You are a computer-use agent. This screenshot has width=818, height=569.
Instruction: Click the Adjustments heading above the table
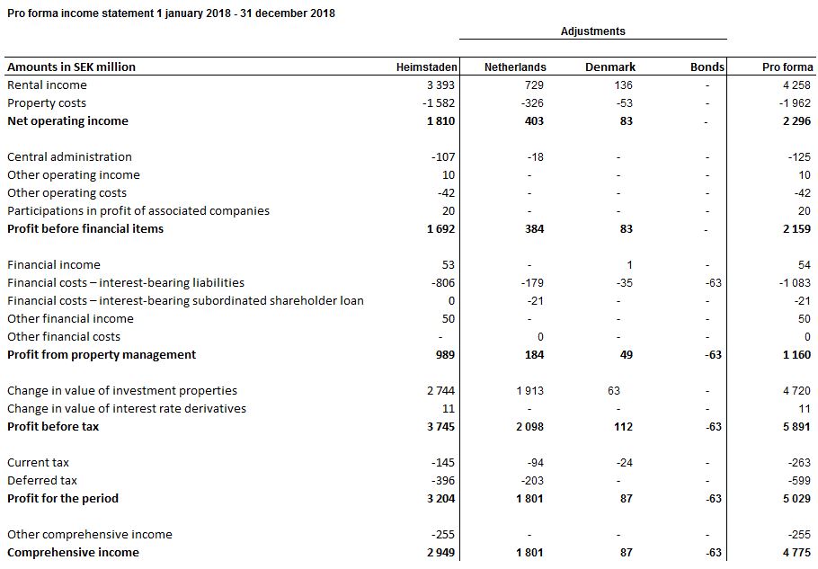[x=592, y=31]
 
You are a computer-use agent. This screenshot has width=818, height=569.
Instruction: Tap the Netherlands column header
[x=515, y=67]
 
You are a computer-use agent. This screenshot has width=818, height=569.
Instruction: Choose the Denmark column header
[x=610, y=67]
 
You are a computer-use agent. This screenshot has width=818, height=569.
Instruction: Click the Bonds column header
[x=707, y=67]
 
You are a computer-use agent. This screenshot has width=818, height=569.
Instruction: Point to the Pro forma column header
[x=787, y=67]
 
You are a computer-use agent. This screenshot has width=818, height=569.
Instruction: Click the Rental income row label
[x=47, y=85]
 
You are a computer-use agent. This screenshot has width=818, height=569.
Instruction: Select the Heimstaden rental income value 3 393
[x=440, y=85]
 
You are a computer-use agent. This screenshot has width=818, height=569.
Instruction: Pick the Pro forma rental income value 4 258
[x=796, y=85]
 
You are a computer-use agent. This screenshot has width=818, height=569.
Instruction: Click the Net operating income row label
[x=67, y=121]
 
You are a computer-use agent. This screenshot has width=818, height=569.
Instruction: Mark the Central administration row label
[x=69, y=157]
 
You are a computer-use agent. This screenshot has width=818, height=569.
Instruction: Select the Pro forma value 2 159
[x=796, y=229]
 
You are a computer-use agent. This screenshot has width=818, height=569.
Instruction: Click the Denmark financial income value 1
[x=629, y=265]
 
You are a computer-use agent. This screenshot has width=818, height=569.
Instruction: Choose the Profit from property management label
[x=102, y=355]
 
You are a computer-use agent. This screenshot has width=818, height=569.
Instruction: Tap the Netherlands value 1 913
[x=529, y=391]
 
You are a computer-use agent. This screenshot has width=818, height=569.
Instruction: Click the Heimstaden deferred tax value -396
[x=441, y=481]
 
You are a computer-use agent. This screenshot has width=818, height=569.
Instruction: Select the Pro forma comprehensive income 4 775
[x=796, y=553]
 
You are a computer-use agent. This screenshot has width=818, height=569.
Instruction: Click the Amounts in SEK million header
[x=71, y=67]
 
